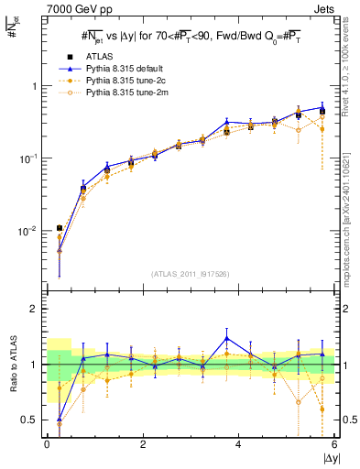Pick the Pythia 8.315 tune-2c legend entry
coord(128,81)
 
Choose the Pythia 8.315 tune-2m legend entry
coord(128,93)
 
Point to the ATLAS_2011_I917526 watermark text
coord(191,274)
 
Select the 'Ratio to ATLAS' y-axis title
coord(13,365)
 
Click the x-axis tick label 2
coord(143,444)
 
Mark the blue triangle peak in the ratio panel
coord(226,338)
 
